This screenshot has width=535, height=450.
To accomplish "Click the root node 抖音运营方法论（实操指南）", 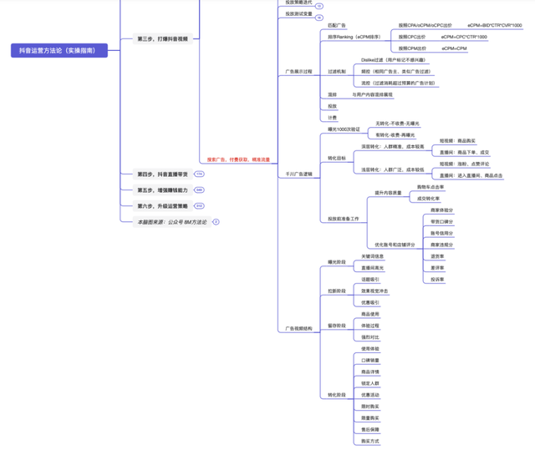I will pos(58,51).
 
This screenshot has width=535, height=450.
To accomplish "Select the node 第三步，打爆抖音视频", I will pos(163,39).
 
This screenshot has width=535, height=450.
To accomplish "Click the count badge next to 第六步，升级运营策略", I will pos(199,205).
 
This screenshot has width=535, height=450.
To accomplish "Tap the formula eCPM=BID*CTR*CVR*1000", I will pos(495,26).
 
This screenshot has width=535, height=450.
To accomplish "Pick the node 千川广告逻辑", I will pos(298,174).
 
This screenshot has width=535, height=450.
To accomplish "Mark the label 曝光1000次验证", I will pos(344,129).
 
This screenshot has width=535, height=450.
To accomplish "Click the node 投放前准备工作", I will pos(343,219).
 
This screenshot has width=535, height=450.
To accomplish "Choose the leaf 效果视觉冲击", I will pos(374,291).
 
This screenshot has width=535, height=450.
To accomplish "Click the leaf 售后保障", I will pos(369,429).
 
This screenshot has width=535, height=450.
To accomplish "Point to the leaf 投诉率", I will pos(437,279).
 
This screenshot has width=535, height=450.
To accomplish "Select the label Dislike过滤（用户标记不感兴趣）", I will pos(393,61).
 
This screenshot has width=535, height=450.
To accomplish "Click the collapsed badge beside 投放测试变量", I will pos(319,16).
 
